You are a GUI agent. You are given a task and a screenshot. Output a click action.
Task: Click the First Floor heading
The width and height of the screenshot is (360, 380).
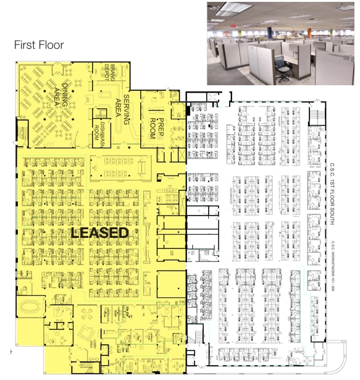coord(39,45)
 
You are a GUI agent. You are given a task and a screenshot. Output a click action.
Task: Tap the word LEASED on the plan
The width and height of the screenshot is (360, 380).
coord(99,233)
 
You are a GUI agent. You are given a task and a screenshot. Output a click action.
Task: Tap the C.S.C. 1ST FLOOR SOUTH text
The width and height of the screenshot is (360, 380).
coord(332,185)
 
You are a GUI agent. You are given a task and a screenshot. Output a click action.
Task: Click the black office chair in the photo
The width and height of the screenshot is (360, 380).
coord(283,71)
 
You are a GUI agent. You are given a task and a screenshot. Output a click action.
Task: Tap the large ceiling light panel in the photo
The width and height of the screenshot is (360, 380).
coord(235,8)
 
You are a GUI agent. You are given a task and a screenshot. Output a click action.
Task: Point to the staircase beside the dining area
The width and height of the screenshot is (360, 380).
coord(23,132)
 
